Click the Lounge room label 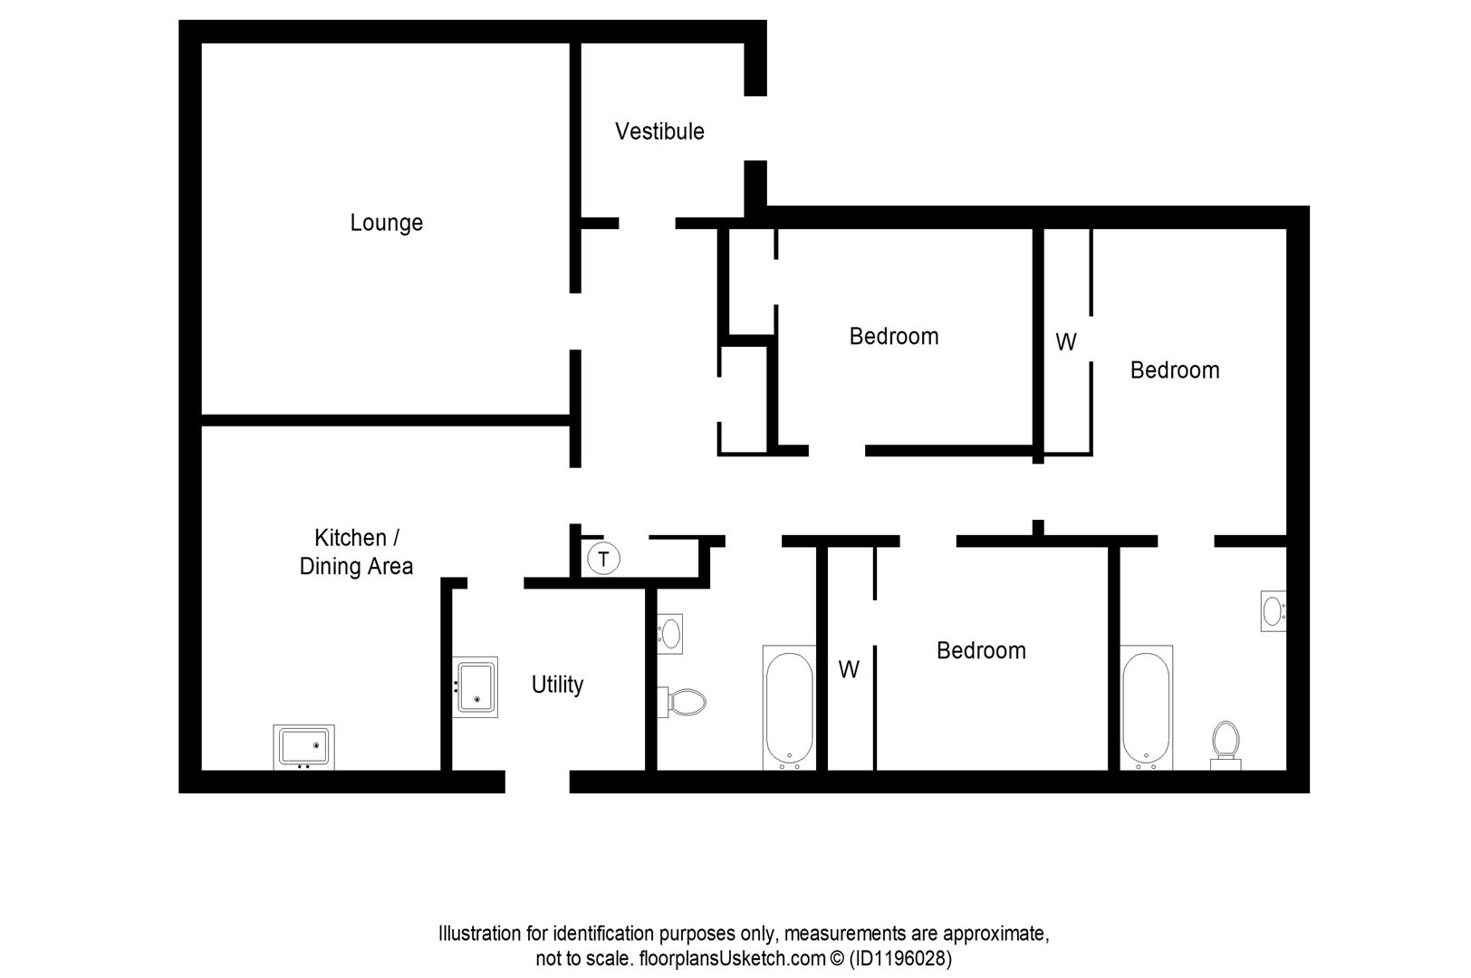coord(387,223)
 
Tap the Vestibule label coord(659,131)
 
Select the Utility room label coord(557,685)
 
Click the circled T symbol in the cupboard coord(604,558)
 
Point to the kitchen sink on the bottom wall coord(303,747)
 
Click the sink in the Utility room coord(476,687)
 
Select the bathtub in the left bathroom coord(789,707)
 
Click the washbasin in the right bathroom coord(1273,610)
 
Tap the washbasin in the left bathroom coord(670,633)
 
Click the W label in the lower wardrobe coord(849,670)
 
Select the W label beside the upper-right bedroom coord(1066,342)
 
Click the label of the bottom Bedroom coord(981,650)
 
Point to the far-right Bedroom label coord(1174,369)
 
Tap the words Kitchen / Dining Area coord(356,551)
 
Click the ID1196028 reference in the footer coord(900,958)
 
